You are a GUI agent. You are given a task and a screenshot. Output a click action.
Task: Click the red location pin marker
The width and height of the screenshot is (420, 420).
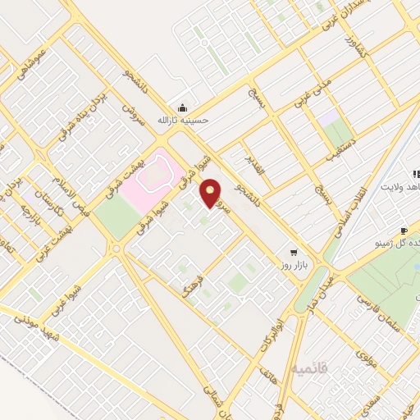pos(211,193)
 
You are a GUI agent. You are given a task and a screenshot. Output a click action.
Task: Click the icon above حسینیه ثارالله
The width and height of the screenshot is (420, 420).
pos(182,107)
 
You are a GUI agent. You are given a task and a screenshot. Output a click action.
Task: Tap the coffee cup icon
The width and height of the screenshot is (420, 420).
pos(404,231)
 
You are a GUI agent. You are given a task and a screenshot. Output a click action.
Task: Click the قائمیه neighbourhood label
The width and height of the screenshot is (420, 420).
pos(309,369)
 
